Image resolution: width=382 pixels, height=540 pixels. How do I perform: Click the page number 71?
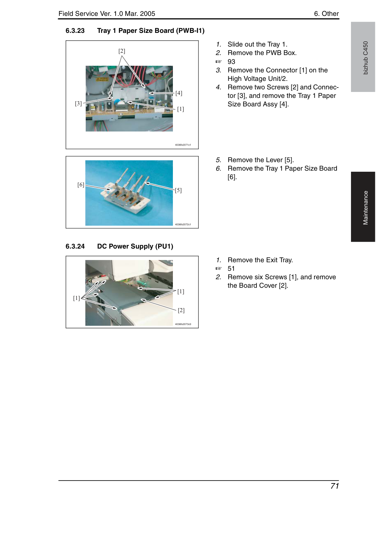click(334, 486)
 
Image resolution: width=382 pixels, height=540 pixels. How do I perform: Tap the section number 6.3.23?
click(75, 31)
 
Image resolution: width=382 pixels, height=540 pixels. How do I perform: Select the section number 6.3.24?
click(75, 246)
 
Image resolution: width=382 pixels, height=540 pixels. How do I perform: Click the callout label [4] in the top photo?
click(179, 93)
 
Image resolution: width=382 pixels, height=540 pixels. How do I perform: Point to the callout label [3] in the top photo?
click(78, 103)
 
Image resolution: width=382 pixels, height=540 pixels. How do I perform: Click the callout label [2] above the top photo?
click(122, 51)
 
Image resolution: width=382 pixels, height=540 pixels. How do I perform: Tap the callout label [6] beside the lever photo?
click(81, 185)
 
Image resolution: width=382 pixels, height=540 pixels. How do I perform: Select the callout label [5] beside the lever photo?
click(178, 190)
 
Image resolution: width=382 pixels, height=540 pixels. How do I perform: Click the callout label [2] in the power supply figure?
click(181, 310)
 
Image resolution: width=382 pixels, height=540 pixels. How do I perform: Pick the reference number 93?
click(231, 62)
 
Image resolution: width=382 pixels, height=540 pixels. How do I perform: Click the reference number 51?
click(231, 269)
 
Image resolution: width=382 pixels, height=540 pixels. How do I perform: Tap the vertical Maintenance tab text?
click(365, 208)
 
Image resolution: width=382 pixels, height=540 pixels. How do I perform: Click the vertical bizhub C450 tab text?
click(365, 58)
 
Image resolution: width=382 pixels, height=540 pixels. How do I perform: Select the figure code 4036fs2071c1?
click(183, 145)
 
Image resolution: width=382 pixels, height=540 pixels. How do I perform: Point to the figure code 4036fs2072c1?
click(183, 225)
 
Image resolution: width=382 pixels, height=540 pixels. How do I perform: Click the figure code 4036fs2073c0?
click(183, 324)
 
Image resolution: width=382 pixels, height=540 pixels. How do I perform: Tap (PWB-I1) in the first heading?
click(190, 31)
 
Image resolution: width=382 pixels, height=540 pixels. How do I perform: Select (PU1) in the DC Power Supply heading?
click(164, 246)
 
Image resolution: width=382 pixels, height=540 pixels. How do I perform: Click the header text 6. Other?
click(326, 14)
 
